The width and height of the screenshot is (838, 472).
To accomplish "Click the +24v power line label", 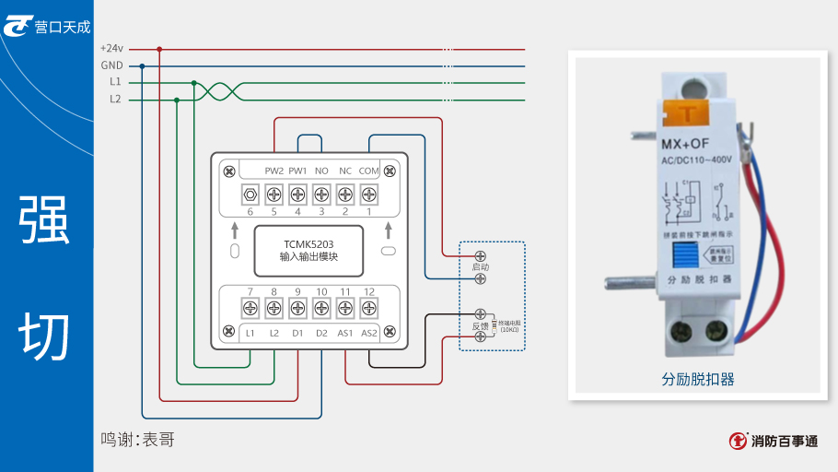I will coord(111,49).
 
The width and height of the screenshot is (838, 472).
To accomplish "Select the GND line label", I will coord(111,65).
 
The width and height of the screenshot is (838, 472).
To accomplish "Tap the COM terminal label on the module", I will coord(368,171).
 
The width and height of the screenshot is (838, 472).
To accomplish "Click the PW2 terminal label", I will coord(274,171).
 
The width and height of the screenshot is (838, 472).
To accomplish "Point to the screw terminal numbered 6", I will coord(250,195).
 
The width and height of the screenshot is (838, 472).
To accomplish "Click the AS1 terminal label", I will coord(345,333).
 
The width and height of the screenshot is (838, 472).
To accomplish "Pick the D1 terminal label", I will coord(297,333).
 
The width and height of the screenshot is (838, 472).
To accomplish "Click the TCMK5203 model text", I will coord(308,244).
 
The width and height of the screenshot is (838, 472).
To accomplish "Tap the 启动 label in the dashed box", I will coord(480,266).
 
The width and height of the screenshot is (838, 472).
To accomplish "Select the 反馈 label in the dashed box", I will coord(480,325).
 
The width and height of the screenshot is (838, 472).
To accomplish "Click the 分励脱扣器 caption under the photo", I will coord(697,379).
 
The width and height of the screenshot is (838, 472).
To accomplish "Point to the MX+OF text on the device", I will coord(685,143).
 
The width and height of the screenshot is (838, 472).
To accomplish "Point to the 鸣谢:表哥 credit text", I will coord(137,440).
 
